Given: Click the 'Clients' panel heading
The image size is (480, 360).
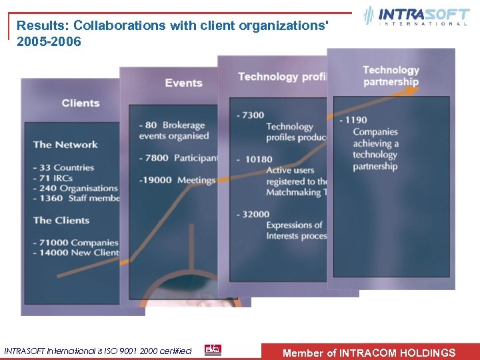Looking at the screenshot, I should (81, 103).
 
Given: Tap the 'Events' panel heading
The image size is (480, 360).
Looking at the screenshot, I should (183, 83).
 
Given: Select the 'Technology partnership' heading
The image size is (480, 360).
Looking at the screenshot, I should (391, 76).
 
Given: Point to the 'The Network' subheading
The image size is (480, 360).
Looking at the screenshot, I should (65, 144).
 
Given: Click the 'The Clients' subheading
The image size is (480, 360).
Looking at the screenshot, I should (61, 220).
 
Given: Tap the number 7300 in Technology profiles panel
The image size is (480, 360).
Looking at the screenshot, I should (253, 115).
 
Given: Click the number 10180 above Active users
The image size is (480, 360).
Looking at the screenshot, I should (259, 159).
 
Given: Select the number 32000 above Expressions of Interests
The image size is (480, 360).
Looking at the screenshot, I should (257, 214).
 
